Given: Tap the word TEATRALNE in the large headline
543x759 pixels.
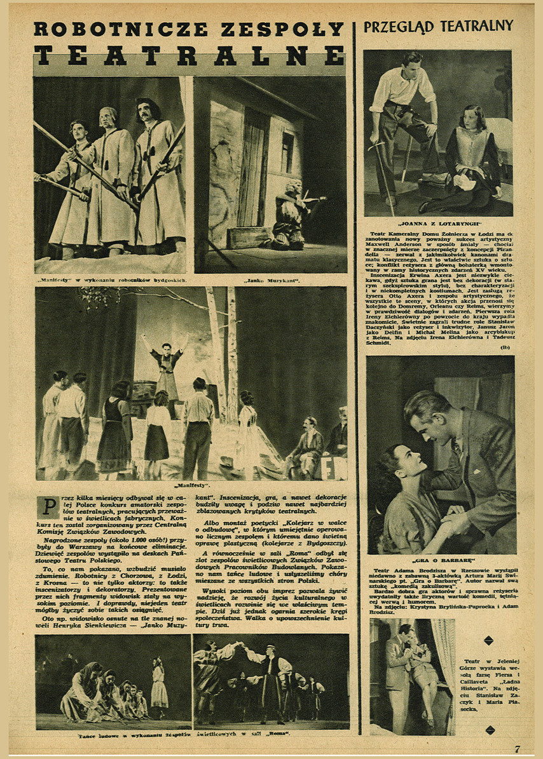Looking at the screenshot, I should click(x=189, y=56).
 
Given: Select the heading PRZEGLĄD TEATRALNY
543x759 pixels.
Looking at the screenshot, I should click(x=438, y=26).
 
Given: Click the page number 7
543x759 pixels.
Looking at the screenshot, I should click(x=517, y=749).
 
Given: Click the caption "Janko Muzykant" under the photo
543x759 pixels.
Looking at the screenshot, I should click(x=271, y=280).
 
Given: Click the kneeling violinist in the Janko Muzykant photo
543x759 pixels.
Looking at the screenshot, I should click(x=289, y=216).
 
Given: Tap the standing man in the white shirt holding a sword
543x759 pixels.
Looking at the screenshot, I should click(x=402, y=121).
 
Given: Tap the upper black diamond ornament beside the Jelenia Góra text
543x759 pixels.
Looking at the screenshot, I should click(x=488, y=640).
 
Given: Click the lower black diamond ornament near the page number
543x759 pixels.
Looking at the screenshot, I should click(x=488, y=730).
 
